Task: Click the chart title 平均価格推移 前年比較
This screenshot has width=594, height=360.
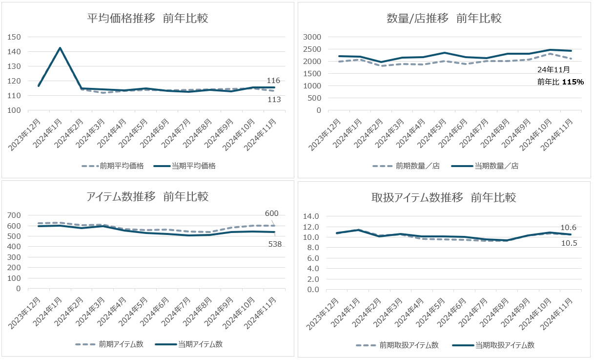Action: point(148,19)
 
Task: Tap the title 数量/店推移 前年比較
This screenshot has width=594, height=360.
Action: point(444,19)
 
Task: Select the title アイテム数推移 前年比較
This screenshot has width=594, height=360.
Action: point(148,197)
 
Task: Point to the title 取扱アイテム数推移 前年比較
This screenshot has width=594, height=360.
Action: point(444,198)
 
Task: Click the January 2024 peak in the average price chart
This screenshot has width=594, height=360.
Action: point(60,48)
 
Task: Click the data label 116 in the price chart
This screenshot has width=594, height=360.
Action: point(273,81)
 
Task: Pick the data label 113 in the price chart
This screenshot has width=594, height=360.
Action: point(273,100)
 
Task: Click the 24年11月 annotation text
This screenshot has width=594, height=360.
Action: point(553,70)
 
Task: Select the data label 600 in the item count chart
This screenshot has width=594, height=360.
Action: point(271,213)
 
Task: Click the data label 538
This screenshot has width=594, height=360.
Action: point(275,244)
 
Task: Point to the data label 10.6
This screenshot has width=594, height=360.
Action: point(568,228)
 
